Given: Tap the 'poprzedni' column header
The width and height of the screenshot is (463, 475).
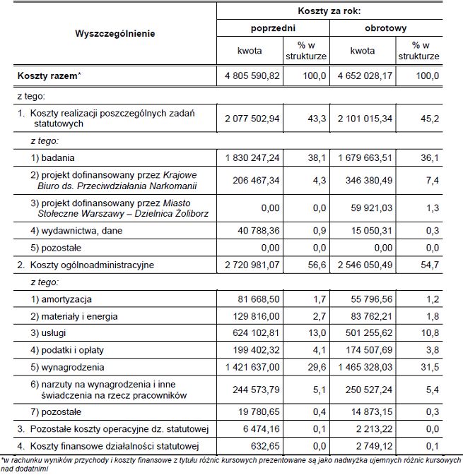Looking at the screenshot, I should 273,28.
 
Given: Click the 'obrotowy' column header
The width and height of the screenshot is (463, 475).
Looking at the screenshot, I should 385,28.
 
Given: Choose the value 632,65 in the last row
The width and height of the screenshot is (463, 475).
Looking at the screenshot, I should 266,445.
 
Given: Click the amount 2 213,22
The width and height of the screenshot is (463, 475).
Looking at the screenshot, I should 373,428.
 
